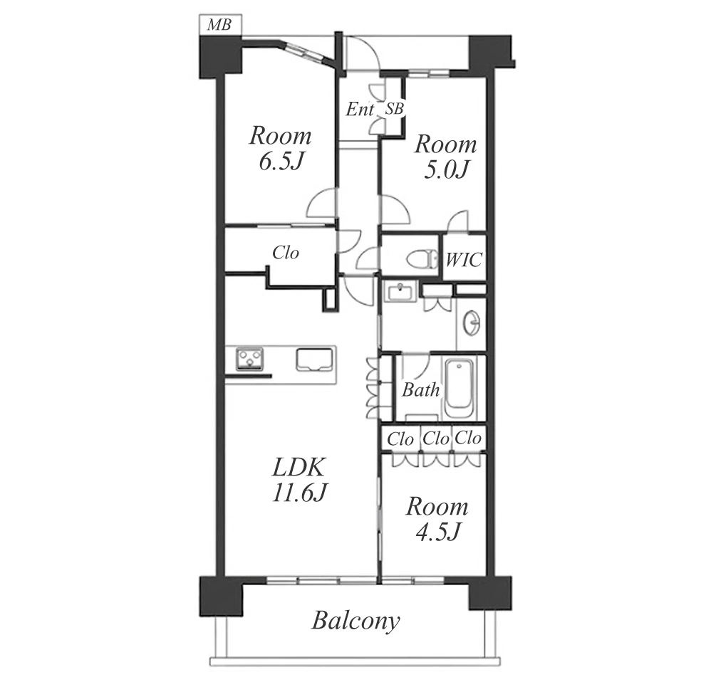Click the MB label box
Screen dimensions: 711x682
click(220, 24)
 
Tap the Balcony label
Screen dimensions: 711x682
click(356, 621)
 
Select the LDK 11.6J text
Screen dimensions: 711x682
click(299, 479)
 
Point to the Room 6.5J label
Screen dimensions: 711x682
click(281, 148)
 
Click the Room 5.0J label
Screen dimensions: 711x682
click(446, 157)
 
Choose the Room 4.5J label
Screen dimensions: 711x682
click(437, 518)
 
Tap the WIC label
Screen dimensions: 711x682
click(463, 260)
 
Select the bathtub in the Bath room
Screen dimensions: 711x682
click(460, 389)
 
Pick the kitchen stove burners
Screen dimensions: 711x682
click(249, 359)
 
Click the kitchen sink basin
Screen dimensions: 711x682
click(313, 360)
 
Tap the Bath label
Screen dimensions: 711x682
click(421, 389)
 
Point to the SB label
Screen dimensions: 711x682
click(394, 109)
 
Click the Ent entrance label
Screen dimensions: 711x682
click(360, 109)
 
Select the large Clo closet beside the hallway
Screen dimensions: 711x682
click(286, 253)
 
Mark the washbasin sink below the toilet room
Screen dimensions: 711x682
click(399, 291)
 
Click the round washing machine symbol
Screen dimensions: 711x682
click(472, 323)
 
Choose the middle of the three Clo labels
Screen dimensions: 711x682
click(436, 439)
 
